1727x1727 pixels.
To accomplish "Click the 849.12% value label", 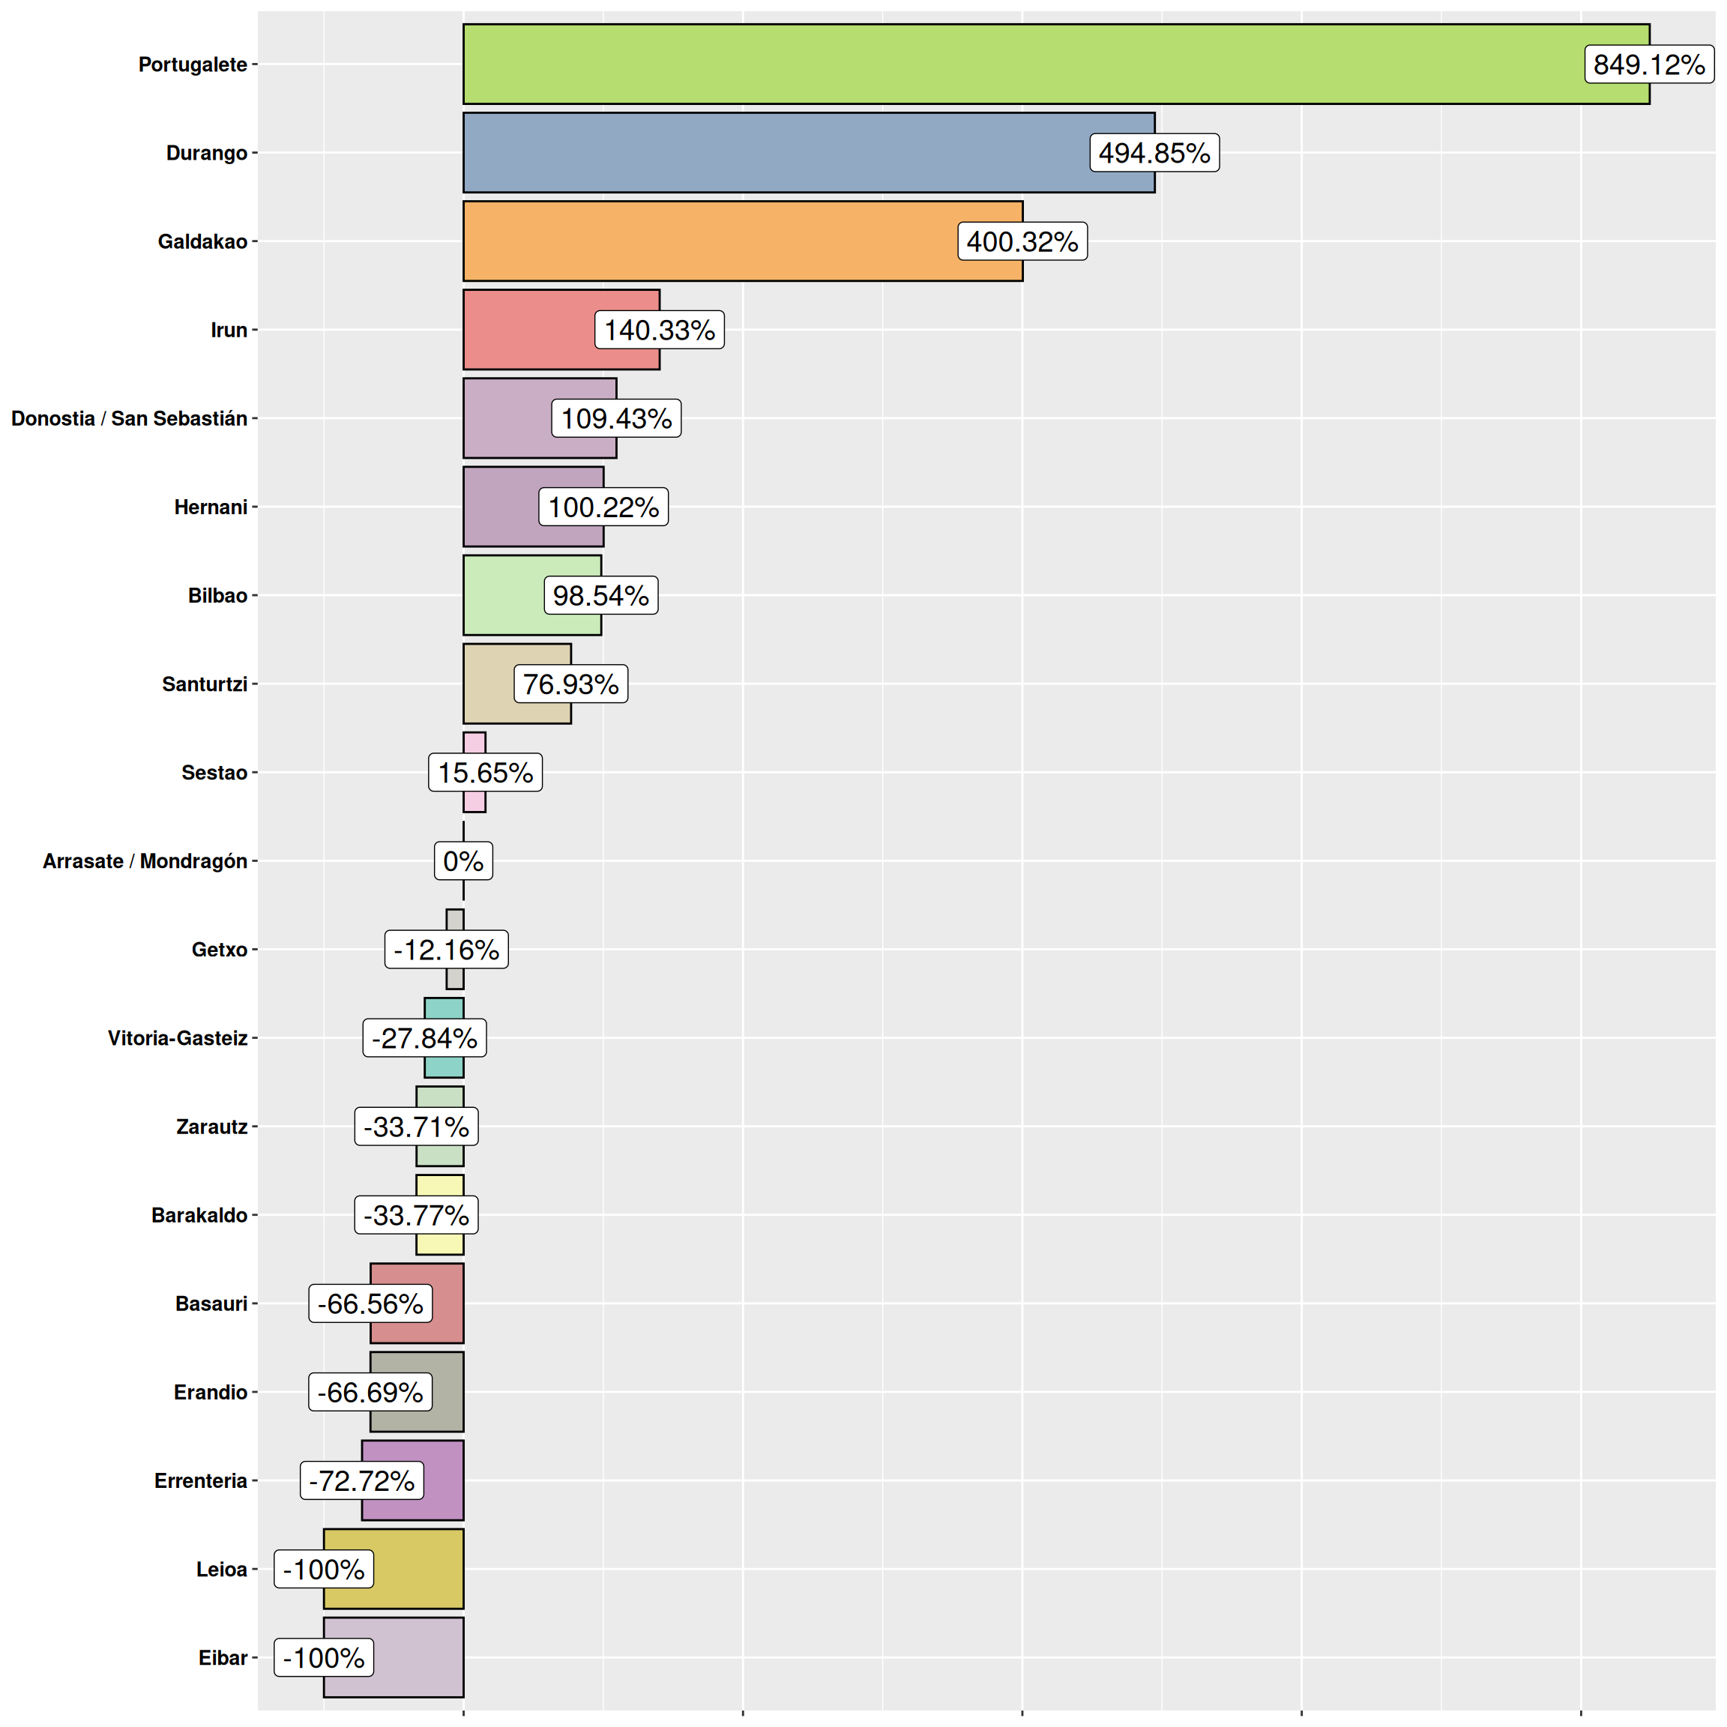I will click(1648, 64).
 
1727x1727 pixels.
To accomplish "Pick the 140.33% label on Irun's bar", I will click(660, 330).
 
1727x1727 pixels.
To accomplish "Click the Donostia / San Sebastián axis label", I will click(129, 418).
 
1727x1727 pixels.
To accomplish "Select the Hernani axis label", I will click(210, 507).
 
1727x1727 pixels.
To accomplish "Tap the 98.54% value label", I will click(600, 595).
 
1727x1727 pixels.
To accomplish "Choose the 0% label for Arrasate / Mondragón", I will click(463, 861).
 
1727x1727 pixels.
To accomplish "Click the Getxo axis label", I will click(219, 949).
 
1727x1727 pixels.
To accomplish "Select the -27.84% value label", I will click(424, 1038).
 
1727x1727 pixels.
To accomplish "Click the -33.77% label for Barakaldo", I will click(416, 1215).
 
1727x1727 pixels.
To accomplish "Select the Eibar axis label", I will click(223, 1657).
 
